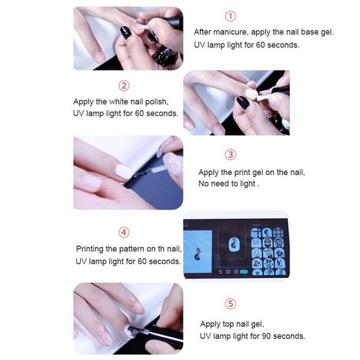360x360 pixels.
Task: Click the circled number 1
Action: pos(230,16)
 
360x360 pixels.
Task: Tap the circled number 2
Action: pos(124,86)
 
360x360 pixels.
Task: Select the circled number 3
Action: pos(230,155)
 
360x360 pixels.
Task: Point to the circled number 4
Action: pos(124,232)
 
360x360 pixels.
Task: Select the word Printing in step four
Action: pos(91,249)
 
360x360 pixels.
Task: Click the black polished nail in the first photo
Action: pos(125,32)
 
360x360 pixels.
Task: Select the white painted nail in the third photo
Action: pos(124,171)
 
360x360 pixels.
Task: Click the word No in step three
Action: pos(205,184)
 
